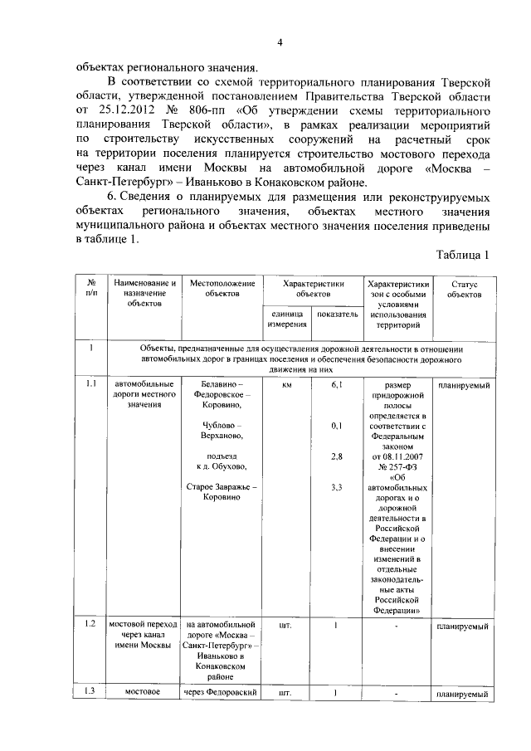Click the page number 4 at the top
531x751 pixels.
tap(280, 43)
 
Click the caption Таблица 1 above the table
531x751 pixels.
tap(461, 256)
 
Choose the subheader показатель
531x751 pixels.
tap(336, 315)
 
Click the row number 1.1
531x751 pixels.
tap(91, 385)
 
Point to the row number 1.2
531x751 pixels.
tap(91, 622)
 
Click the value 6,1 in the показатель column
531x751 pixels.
tap(336, 385)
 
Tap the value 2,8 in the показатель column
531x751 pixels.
tap(336, 456)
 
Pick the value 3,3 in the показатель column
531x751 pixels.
tap(336, 487)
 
